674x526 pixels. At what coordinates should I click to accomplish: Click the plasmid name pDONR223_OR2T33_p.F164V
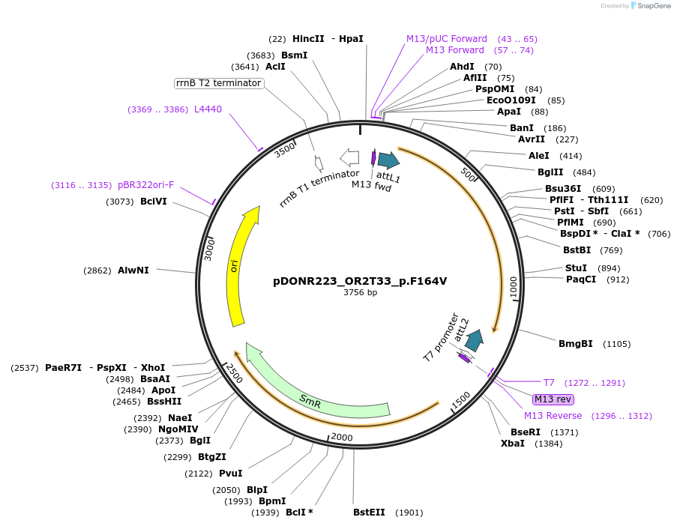[360, 281]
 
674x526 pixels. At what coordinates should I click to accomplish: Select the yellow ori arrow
[239, 270]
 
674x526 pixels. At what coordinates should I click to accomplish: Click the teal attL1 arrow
[388, 160]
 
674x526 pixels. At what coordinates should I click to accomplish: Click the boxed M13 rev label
[553, 399]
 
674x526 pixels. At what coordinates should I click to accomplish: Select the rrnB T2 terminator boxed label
[219, 82]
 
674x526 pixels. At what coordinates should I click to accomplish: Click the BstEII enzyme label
[369, 513]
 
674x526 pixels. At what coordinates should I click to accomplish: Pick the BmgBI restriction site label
[576, 344]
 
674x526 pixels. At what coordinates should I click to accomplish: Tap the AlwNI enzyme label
[133, 270]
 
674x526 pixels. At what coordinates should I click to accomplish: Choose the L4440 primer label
[208, 109]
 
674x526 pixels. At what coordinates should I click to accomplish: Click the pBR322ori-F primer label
[145, 185]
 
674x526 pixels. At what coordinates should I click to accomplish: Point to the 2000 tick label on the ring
[341, 437]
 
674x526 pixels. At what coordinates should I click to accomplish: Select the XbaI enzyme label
[513, 444]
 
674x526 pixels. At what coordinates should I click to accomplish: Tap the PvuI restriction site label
[230, 474]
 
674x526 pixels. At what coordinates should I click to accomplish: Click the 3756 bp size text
[360, 293]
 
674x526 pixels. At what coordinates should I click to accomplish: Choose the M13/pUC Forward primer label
[447, 39]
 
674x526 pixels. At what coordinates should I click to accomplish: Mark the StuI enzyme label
[576, 268]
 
